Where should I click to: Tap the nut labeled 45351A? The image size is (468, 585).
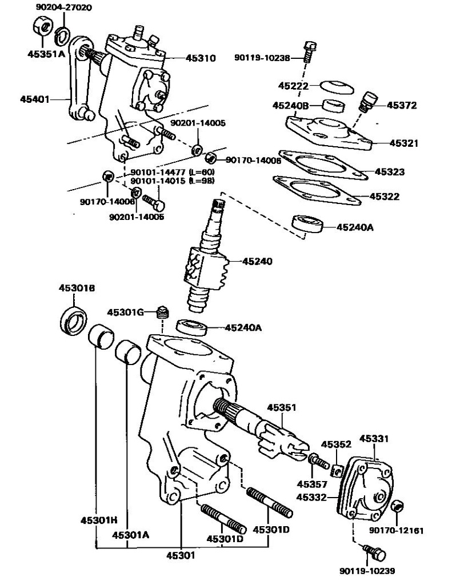click(x=42, y=27)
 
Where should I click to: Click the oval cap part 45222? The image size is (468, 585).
click(x=335, y=86)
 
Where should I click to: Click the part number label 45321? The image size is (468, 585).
click(x=404, y=143)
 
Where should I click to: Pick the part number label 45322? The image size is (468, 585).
click(x=384, y=197)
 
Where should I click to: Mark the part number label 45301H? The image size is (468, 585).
click(x=98, y=520)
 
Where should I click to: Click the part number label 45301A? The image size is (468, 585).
click(x=130, y=535)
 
